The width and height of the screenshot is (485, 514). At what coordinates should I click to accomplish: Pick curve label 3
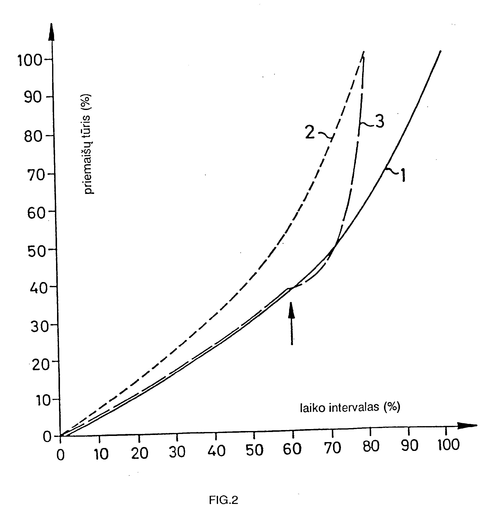379,121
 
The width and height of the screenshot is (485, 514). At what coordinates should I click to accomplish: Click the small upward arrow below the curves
292,323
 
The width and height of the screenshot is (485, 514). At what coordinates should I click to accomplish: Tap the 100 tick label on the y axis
29,60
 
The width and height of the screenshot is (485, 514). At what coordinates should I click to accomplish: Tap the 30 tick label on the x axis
177,452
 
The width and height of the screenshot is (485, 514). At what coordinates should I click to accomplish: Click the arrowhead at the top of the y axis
52,32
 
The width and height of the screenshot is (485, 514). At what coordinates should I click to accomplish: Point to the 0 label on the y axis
47,437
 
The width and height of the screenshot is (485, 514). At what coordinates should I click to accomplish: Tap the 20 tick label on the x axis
140,453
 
